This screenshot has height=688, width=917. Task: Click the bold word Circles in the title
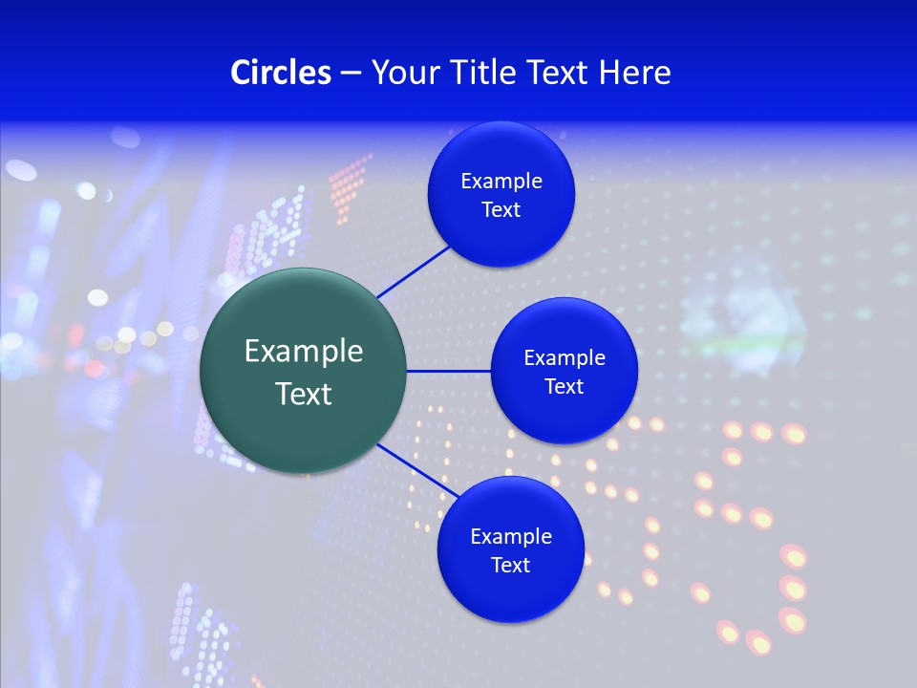[281, 73]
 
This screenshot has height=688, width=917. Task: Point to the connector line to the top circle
[414, 271]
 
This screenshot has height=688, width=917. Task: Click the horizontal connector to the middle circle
[448, 371]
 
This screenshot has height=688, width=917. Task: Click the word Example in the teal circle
[304, 352]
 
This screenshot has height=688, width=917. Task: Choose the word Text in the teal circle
[304, 394]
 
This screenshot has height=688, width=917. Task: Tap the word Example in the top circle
[501, 182]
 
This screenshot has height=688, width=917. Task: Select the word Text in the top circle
[501, 210]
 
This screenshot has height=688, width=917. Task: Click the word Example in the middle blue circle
[565, 358]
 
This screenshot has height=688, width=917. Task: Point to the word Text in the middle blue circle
[565, 387]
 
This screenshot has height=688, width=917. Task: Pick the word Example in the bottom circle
[511, 537]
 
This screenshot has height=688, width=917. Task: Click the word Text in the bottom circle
[511, 566]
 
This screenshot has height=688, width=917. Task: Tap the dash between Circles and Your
[351, 74]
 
